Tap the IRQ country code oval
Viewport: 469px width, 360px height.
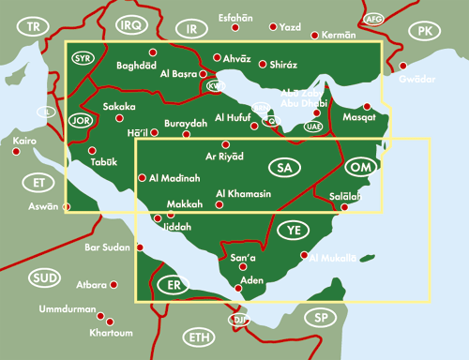[130, 24]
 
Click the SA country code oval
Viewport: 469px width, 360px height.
[282, 168]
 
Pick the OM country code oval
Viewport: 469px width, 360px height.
[361, 167]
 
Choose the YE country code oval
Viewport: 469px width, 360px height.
[293, 230]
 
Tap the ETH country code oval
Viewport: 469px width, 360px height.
[199, 337]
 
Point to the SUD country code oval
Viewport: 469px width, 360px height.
[42, 278]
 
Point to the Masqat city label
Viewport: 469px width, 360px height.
[359, 119]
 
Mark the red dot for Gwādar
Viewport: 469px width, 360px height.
[403, 66]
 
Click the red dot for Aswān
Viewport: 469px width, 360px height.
[67, 205]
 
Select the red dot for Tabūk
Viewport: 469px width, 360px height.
[92, 150]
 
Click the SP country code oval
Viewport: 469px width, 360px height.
[321, 317]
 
